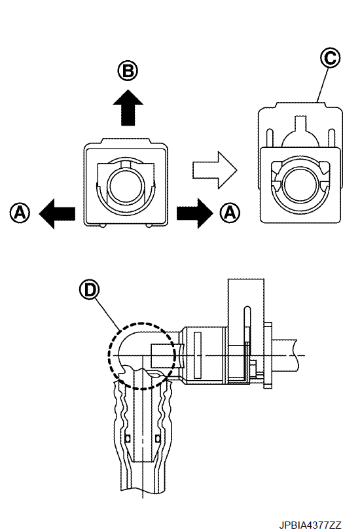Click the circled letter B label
[128, 71]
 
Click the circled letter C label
[330, 58]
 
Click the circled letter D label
[90, 290]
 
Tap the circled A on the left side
[20, 213]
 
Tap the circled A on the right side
[230, 213]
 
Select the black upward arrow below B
[128, 107]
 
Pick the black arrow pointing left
[57, 213]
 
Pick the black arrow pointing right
[195, 213]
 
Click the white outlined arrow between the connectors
[215, 170]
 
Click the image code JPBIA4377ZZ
[310, 525]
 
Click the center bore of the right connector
[300, 185]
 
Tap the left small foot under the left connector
[102, 226]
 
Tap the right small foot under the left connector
[149, 226]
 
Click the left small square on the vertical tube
[128, 438]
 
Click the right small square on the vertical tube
[157, 438]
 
